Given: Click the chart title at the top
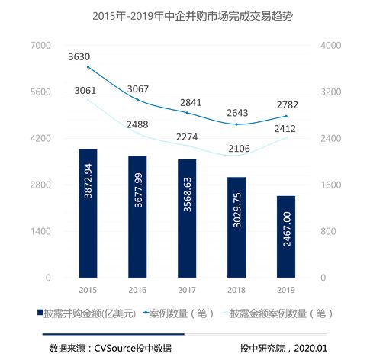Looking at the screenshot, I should pos(184,14).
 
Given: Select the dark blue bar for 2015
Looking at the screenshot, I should pos(87,213).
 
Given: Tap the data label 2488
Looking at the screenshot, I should pos(138,124).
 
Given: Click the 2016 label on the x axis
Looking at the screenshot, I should pos(137,289).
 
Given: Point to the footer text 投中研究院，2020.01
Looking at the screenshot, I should pos(283,349).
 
